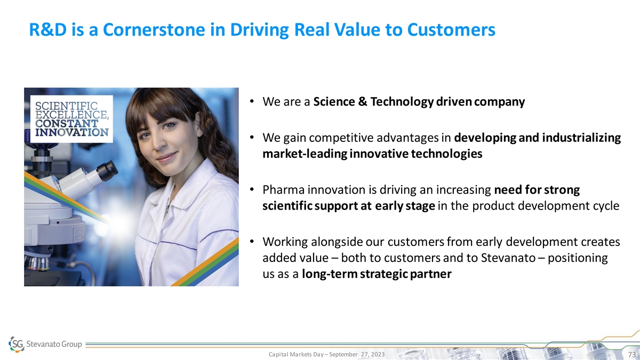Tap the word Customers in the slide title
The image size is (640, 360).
pyautogui.click(x=451, y=30)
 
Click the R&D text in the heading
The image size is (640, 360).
pyautogui.click(x=47, y=30)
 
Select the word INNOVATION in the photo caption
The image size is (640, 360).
pyautogui.click(x=71, y=133)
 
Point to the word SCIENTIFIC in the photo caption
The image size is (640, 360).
pyautogui.click(x=66, y=106)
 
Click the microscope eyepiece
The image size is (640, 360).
pyautogui.click(x=108, y=171)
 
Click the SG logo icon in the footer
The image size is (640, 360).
pyautogui.click(x=17, y=344)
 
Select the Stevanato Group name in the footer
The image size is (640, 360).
pyautogui.click(x=54, y=344)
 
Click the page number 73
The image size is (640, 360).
pyautogui.click(x=631, y=355)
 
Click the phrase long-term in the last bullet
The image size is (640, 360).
pyautogui.click(x=330, y=274)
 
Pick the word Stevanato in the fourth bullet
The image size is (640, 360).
pyautogui.click(x=508, y=258)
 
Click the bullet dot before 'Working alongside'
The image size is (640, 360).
pyautogui.click(x=252, y=242)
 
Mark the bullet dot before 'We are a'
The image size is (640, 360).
pyautogui.click(x=252, y=101)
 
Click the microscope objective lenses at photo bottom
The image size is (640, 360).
pyautogui.click(x=38, y=263)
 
